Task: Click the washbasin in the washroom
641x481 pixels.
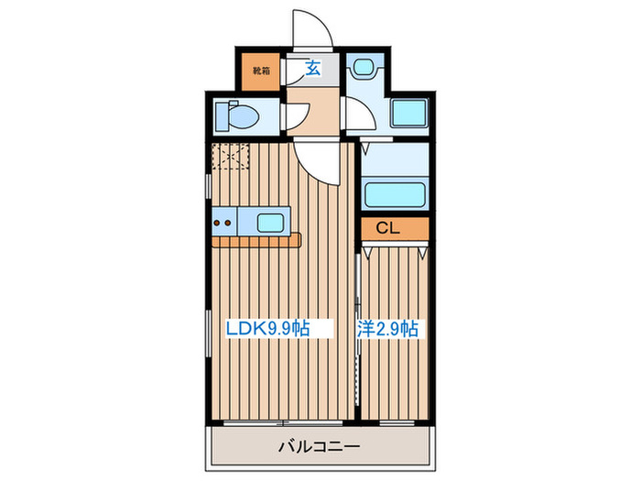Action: pos(367,69)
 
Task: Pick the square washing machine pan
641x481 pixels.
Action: pos(409,114)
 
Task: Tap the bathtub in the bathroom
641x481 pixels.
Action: pos(396,195)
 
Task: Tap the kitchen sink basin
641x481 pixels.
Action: pos(270,221)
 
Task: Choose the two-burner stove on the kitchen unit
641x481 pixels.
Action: pos(223,221)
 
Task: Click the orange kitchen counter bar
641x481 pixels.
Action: pos(256,241)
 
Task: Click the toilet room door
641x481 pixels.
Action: pos(295,117)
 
